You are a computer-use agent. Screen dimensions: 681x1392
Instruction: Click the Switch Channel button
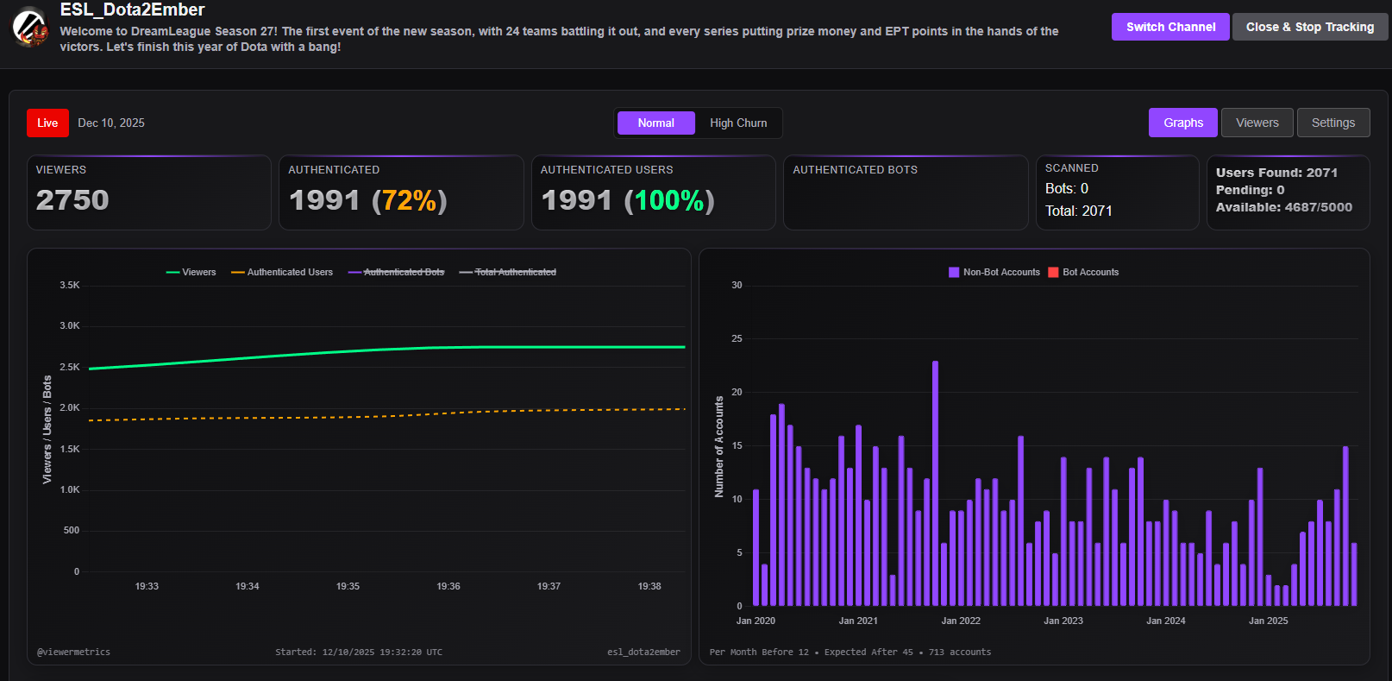coord(1170,27)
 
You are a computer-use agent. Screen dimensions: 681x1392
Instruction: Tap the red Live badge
coord(47,123)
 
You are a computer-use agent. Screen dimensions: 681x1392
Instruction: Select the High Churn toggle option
coord(738,123)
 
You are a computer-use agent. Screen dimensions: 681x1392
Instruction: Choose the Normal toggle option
coord(655,123)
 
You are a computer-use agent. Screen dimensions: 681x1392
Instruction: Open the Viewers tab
coord(1257,123)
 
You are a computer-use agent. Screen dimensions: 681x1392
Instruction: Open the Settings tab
coord(1332,123)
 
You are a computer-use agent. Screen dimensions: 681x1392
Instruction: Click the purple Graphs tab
coord(1182,123)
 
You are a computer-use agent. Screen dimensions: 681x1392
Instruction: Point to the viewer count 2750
coord(72,200)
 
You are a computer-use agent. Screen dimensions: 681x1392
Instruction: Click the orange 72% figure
coord(410,200)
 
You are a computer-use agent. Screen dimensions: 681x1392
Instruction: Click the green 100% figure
coord(670,200)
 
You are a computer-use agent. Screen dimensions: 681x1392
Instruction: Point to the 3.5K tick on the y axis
coord(70,285)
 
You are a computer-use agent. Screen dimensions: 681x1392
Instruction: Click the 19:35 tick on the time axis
coord(348,586)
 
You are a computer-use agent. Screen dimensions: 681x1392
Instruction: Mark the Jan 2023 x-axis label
coord(1063,621)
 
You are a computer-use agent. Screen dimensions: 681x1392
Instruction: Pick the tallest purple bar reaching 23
coord(935,483)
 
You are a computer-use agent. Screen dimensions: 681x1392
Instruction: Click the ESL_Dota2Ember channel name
coord(132,9)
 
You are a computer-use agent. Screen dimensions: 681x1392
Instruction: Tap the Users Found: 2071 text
coord(1276,173)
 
